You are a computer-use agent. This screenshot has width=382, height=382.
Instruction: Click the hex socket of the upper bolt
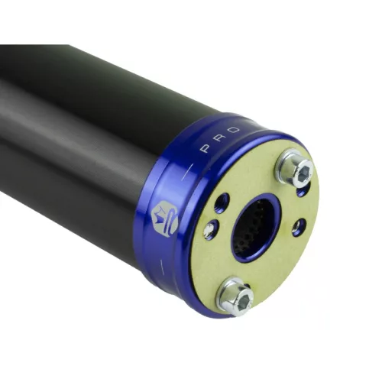[x=306, y=171]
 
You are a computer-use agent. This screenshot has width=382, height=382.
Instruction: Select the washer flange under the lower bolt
[x=235, y=296]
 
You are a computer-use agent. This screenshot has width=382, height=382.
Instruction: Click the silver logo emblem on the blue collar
[x=165, y=219]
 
